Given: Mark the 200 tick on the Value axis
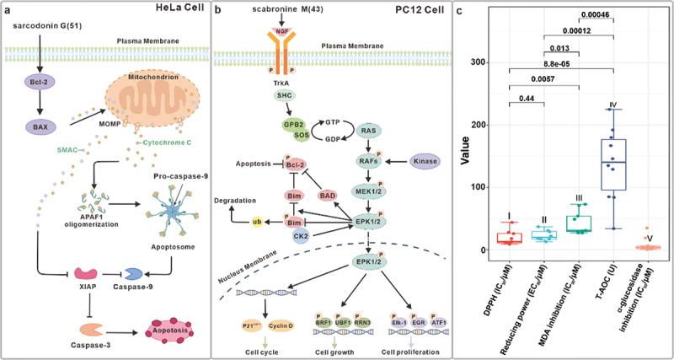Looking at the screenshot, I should [482, 125].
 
